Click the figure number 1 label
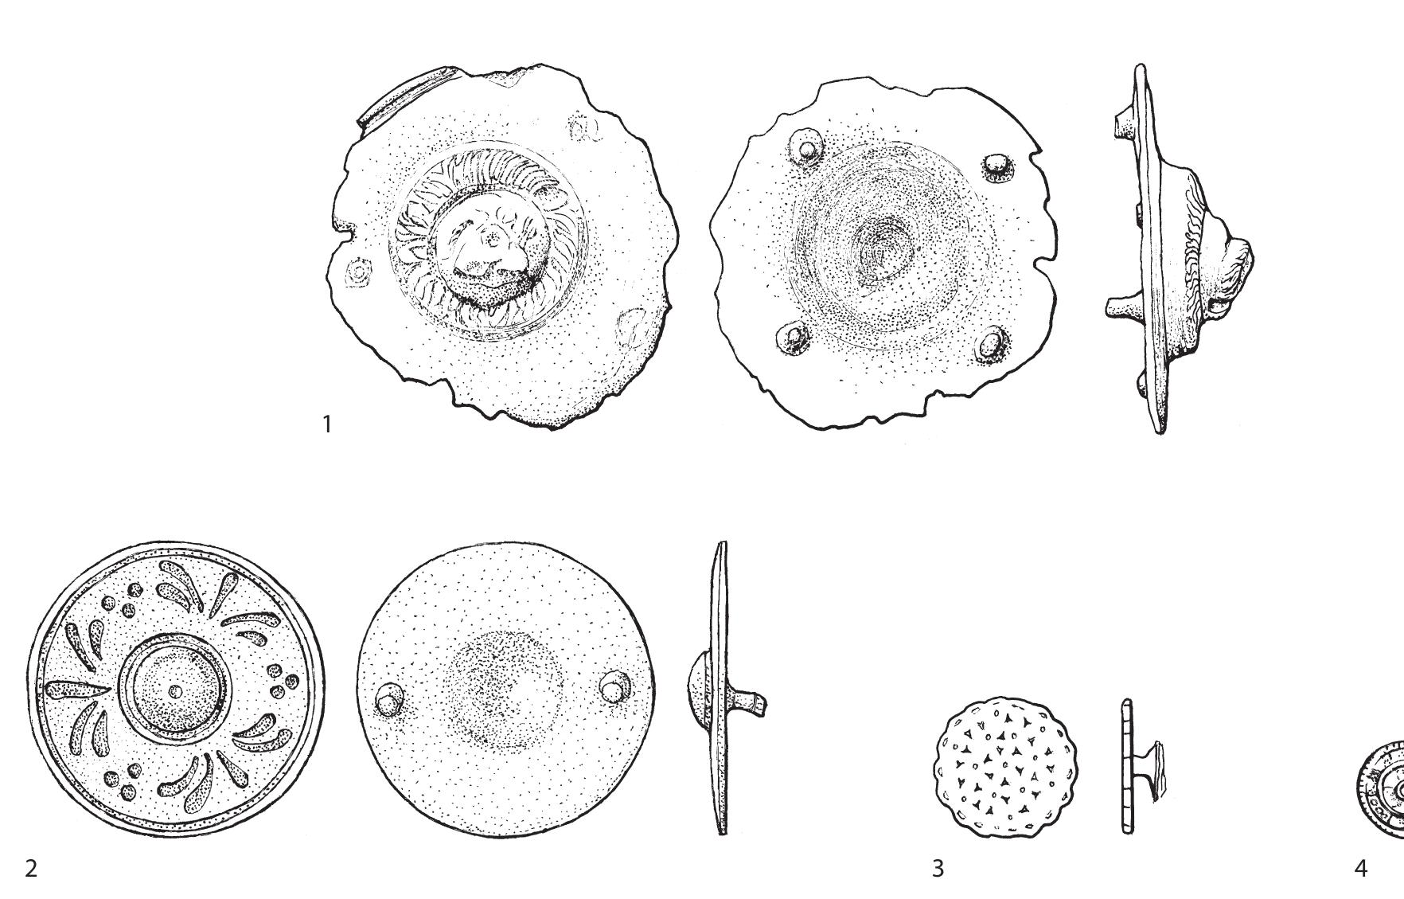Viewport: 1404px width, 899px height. [x=326, y=424]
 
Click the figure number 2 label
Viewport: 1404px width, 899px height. [x=31, y=867]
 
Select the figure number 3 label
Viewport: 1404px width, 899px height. [x=938, y=867]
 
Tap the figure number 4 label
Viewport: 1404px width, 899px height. [x=1360, y=867]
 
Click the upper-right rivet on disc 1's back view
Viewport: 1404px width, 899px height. [x=996, y=166]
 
